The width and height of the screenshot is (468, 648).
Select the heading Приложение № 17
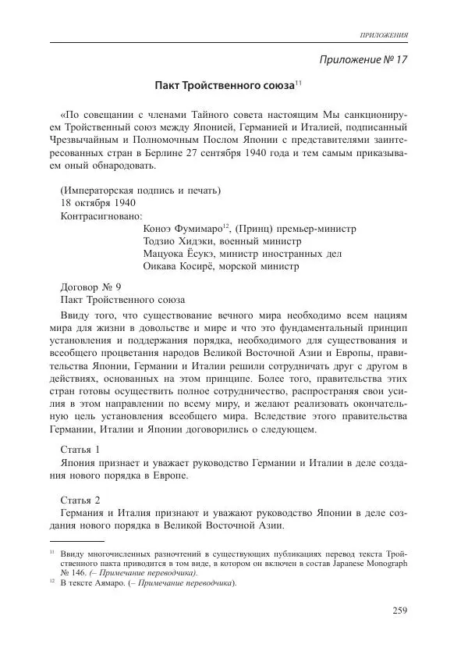[364, 59]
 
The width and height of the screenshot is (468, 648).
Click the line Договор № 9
[90, 287]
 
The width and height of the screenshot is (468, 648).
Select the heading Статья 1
[80, 449]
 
